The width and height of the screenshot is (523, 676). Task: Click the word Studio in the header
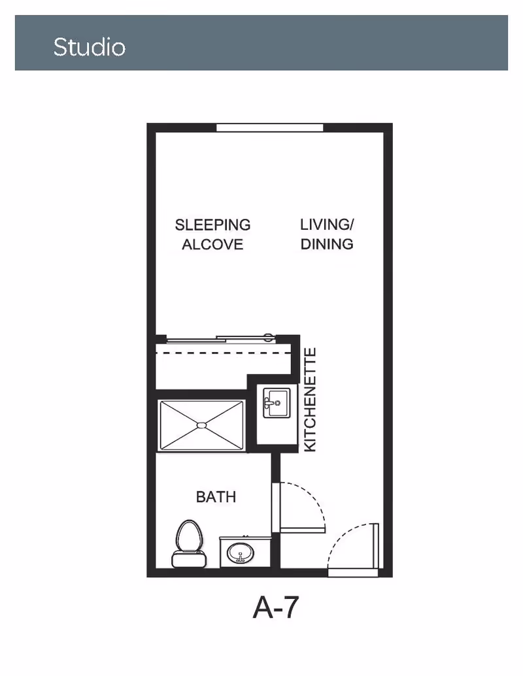(90, 46)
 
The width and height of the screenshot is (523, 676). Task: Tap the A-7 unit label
(275, 607)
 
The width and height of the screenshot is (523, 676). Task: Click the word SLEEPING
(212, 225)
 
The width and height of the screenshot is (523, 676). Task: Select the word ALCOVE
(212, 244)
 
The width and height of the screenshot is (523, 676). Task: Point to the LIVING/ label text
(327, 225)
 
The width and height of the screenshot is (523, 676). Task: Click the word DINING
(327, 244)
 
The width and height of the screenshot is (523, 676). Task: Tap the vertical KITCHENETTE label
(311, 400)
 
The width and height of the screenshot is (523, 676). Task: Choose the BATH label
(216, 496)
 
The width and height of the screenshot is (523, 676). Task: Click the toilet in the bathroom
(189, 543)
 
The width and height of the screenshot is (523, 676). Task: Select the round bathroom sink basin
(241, 553)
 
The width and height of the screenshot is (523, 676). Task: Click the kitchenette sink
(277, 403)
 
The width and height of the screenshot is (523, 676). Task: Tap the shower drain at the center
(201, 425)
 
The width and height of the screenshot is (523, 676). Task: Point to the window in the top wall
(270, 127)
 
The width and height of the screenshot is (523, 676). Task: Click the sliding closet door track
(220, 338)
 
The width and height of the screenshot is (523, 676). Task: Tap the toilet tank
(189, 559)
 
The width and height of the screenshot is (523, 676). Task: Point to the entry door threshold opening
(354, 573)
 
